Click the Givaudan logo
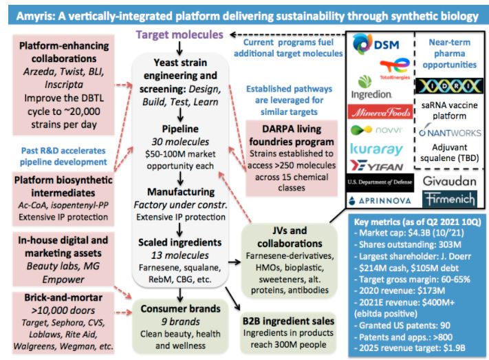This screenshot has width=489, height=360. [x=448, y=180]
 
